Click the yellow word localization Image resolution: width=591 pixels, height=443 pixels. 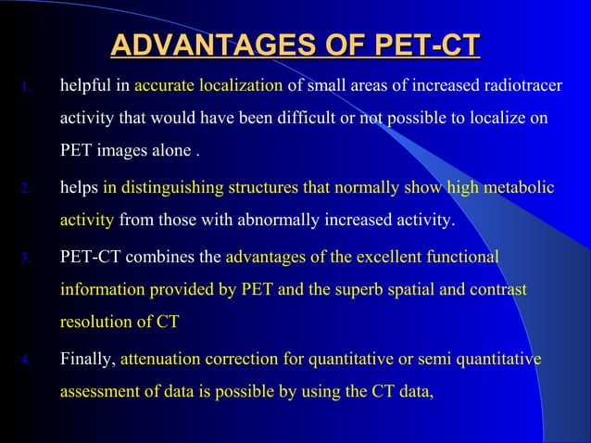[239, 86]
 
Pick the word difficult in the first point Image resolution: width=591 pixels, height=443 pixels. [283, 120]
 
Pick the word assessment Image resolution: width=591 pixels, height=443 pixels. [99, 391]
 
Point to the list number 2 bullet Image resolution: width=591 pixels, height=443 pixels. [26, 189]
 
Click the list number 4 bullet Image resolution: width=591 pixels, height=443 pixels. [26, 359]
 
